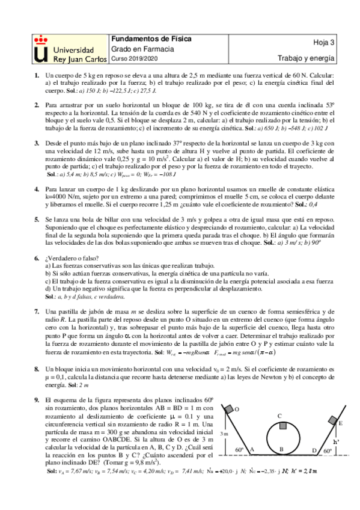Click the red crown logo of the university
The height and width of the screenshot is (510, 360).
pos(40,39)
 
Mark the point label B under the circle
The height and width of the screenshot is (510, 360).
pos(281,449)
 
